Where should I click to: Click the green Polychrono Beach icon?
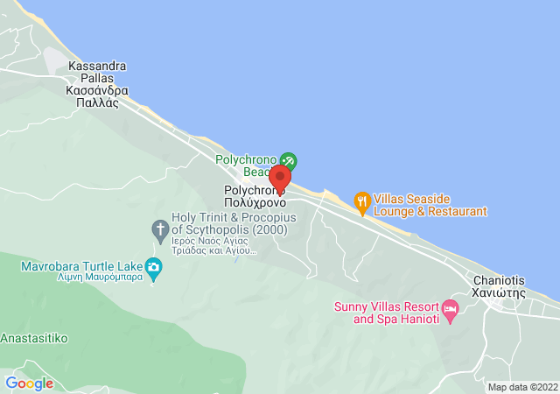coord(289,160)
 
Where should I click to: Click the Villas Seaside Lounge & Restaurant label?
coord(430,205)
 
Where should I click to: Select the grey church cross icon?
coord(160,230)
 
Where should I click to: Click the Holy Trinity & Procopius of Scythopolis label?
coord(223,223)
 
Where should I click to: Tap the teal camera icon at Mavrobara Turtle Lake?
coord(155,267)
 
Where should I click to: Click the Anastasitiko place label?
coord(33,337)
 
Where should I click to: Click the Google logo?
coord(29,383)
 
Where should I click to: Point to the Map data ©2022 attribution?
coord(521,387)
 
